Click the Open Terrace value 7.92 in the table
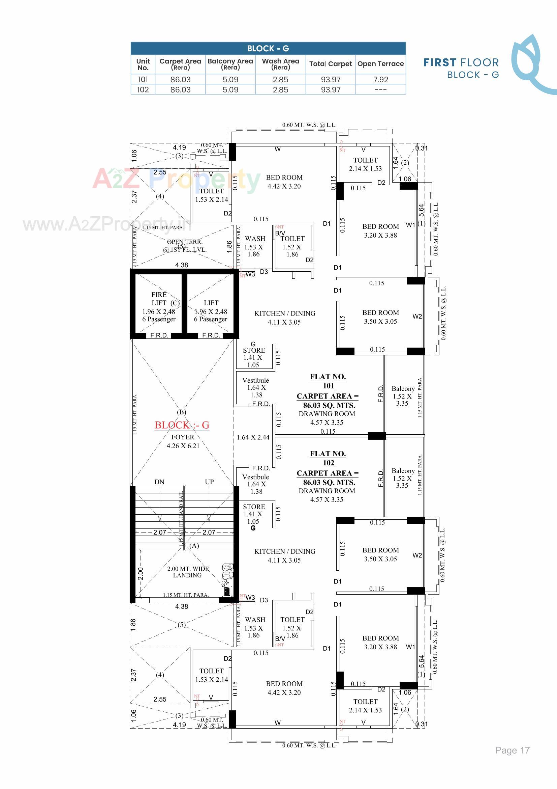[380, 80]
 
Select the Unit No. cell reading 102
[143, 90]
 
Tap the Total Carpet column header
[330, 64]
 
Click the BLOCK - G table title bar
[268, 49]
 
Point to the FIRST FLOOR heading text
[461, 62]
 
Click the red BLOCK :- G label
[182, 425]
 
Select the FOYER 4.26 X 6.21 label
[183, 441]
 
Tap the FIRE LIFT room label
[159, 299]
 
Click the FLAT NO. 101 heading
[328, 381]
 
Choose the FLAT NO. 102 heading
[328, 458]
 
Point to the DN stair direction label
[159, 482]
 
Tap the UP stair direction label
[209, 482]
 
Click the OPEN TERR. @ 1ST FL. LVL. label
[185, 246]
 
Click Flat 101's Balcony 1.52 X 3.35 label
[403, 396]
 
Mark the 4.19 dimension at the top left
[179, 147]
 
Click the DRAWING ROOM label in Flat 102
[327, 491]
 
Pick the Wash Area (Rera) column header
[280, 64]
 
